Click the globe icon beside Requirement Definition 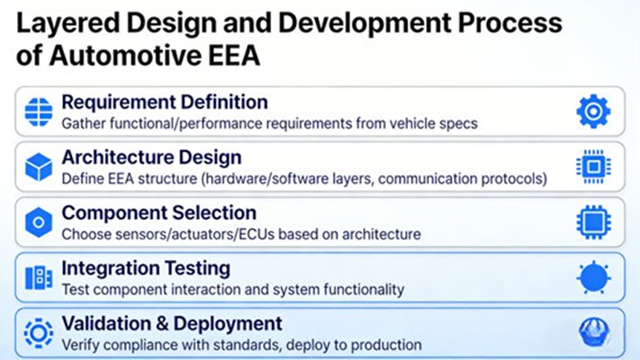(39, 112)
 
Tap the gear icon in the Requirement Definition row (593, 112)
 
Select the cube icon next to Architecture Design (39, 167)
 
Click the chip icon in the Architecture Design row (593, 167)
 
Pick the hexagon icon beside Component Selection (39, 222)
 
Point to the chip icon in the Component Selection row (593, 222)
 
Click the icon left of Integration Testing (39, 277)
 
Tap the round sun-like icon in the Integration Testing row (593, 278)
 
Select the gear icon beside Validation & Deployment (39, 332)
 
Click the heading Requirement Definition (164, 102)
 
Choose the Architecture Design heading (151, 158)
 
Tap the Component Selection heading (158, 213)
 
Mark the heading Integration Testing (146, 268)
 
